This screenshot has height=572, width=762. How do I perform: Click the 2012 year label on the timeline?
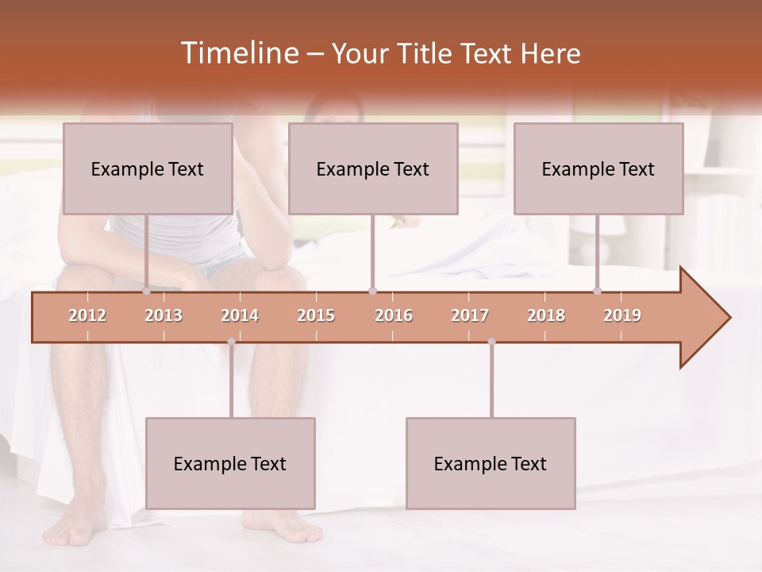click(87, 315)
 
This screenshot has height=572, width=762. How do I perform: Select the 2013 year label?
click(164, 315)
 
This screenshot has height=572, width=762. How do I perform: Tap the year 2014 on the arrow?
click(240, 315)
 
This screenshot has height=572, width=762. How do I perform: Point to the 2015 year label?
click(316, 315)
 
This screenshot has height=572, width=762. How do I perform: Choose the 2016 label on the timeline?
click(394, 315)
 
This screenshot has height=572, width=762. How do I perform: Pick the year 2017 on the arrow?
click(470, 315)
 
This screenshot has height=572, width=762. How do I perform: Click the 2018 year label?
click(546, 315)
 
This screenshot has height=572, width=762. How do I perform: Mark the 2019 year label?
click(622, 315)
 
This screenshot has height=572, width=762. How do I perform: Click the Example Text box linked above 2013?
click(148, 168)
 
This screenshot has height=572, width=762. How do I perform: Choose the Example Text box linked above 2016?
click(373, 168)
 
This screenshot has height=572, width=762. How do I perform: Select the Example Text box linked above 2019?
click(598, 168)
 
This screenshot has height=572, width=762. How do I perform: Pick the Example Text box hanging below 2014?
click(230, 463)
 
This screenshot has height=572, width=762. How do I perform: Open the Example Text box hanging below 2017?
click(491, 463)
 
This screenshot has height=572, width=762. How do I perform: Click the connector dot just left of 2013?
click(147, 291)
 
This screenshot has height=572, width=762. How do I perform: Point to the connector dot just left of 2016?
click(372, 291)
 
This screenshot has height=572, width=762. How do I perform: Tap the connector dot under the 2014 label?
click(231, 342)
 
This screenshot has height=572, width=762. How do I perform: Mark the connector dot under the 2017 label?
click(491, 342)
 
